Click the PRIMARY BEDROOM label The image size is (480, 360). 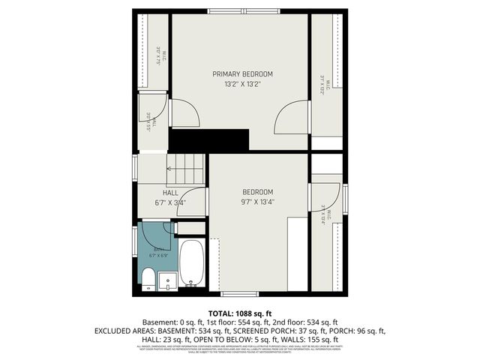pyautogui.click(x=241, y=74)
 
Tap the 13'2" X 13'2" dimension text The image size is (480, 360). pyautogui.click(x=241, y=85)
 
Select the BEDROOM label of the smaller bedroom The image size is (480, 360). pyautogui.click(x=257, y=191)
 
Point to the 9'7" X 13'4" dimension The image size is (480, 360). pyautogui.click(x=257, y=201)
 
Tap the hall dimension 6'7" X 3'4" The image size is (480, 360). pyautogui.click(x=170, y=202)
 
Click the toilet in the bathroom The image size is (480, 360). pyautogui.click(x=149, y=280)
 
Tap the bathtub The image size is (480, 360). pyautogui.click(x=192, y=264)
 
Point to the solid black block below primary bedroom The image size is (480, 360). pyautogui.click(x=208, y=139)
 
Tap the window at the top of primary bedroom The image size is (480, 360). pyautogui.click(x=240, y=11)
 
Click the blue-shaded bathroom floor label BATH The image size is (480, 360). pyautogui.click(x=159, y=249)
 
